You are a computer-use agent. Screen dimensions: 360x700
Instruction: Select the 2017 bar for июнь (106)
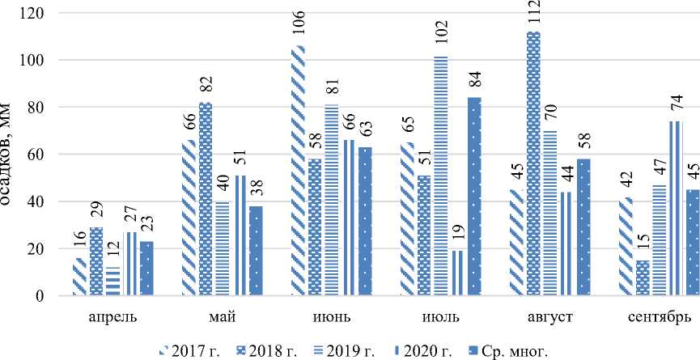pyautogui.click(x=298, y=171)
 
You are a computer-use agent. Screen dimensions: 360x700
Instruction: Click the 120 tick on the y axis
pyautogui.click(x=35, y=14)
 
